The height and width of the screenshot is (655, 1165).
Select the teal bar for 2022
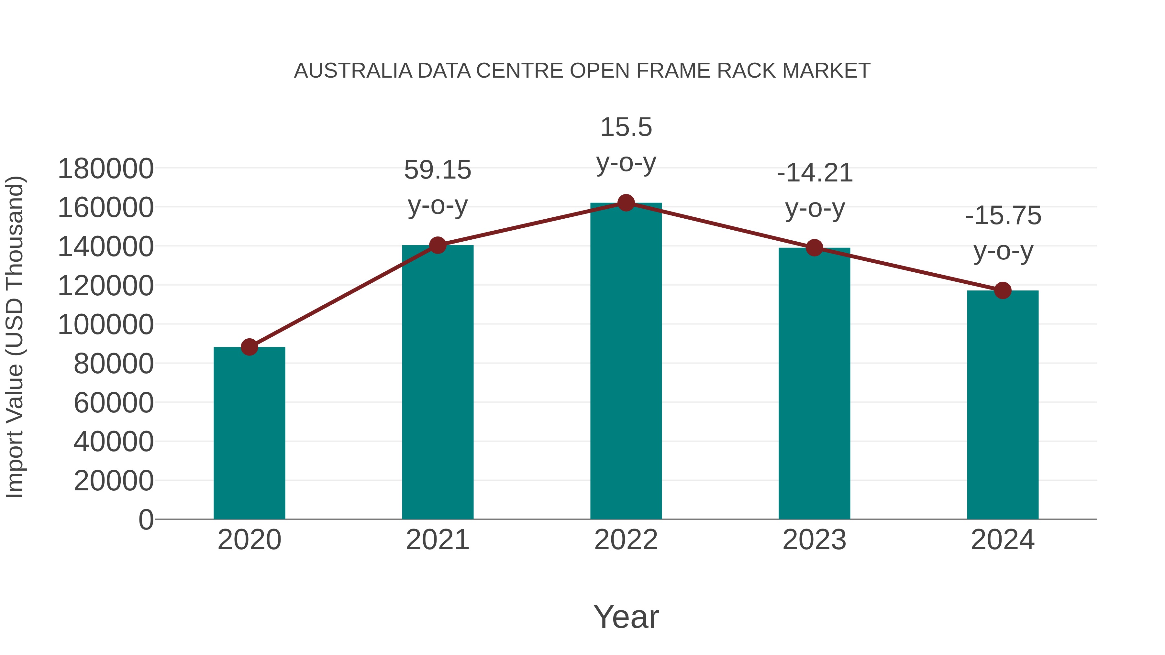coord(626,362)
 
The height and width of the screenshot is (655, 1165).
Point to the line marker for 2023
coord(814,248)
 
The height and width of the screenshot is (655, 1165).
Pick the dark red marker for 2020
coord(249,347)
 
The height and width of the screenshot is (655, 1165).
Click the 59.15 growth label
coord(437,170)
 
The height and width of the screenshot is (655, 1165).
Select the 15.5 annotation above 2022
coord(626,127)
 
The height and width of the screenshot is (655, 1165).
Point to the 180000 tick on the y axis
coord(106,169)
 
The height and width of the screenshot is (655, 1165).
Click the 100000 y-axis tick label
coord(106,324)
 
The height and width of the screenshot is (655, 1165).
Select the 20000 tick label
coord(114,481)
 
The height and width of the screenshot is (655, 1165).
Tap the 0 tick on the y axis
coord(146,519)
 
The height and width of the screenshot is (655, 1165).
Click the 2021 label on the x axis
coord(437,540)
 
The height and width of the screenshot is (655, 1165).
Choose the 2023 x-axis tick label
coord(814,540)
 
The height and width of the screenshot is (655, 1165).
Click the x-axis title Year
coord(626,617)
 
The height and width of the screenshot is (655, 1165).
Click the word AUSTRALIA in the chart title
coord(353,71)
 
